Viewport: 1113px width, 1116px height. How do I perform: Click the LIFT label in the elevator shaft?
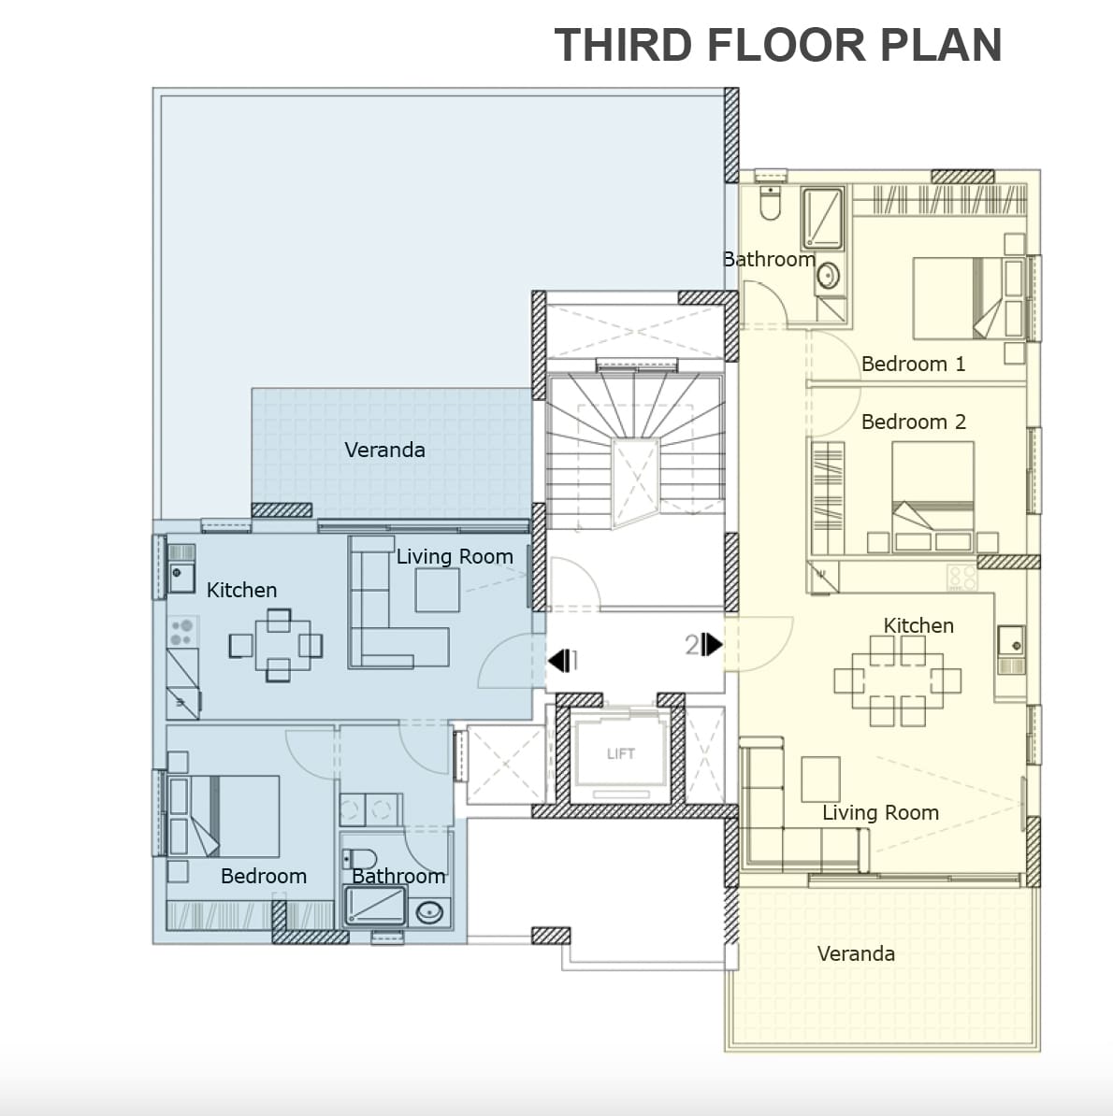coord(620,753)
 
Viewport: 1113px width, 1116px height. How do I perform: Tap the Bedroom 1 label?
coord(913,364)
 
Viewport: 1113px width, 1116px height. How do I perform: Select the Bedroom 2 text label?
coord(914,422)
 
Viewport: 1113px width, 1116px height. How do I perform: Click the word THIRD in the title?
coord(623,45)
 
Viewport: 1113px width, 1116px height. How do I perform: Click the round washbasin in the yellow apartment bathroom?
coord(828,276)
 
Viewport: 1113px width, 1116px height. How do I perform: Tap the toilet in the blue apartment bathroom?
coord(359,859)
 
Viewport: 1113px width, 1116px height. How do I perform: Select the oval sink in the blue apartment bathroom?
coord(429,911)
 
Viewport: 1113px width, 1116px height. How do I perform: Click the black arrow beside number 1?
coord(558,661)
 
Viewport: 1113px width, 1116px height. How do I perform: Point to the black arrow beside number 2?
coord(712,644)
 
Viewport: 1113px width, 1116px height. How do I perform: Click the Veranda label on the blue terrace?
coord(384,450)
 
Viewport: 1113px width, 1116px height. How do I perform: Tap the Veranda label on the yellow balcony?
coord(856,953)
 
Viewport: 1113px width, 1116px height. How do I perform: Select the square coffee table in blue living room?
coord(437,590)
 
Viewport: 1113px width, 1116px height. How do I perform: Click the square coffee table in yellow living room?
coord(820,780)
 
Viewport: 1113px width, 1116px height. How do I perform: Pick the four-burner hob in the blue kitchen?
coord(183,632)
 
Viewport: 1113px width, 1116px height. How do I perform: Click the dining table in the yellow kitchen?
coord(897,680)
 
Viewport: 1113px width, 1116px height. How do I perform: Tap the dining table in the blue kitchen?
coord(279,645)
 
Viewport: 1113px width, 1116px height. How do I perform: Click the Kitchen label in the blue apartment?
coord(241,590)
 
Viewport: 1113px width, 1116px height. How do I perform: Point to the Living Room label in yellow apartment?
coord(880,813)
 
